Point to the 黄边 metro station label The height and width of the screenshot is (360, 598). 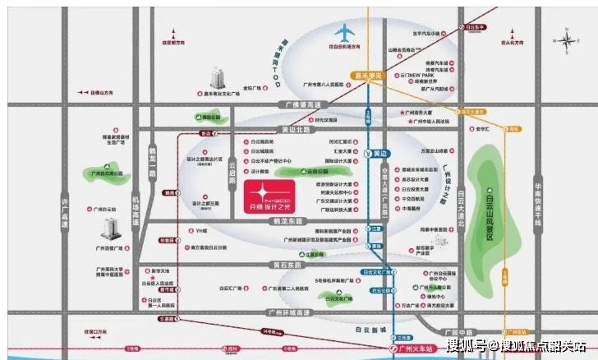point(379,153)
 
